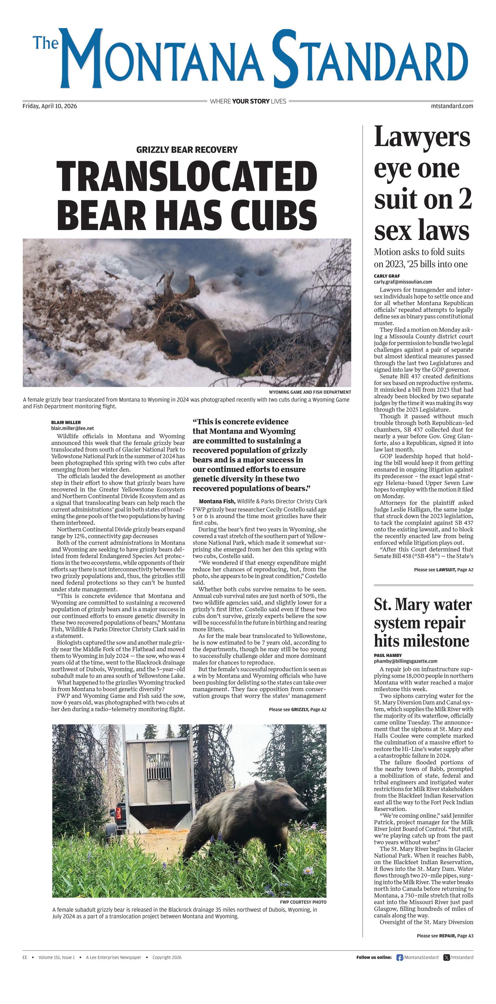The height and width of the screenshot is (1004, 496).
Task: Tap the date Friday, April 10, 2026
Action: tap(50, 106)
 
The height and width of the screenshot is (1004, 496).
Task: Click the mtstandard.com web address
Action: tap(452, 106)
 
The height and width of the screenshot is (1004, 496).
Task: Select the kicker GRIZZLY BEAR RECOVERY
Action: tap(187, 150)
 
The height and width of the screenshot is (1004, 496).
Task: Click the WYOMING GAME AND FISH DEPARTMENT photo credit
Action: tap(310, 392)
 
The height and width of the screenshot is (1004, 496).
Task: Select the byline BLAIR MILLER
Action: tap(66, 422)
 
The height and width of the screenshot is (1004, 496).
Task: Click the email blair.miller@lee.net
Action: tap(73, 428)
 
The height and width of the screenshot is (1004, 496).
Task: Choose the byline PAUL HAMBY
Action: tap(388, 655)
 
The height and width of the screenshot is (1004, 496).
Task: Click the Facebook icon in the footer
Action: tap(399, 957)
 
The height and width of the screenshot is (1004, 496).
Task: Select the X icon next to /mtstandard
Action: tap(447, 957)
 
